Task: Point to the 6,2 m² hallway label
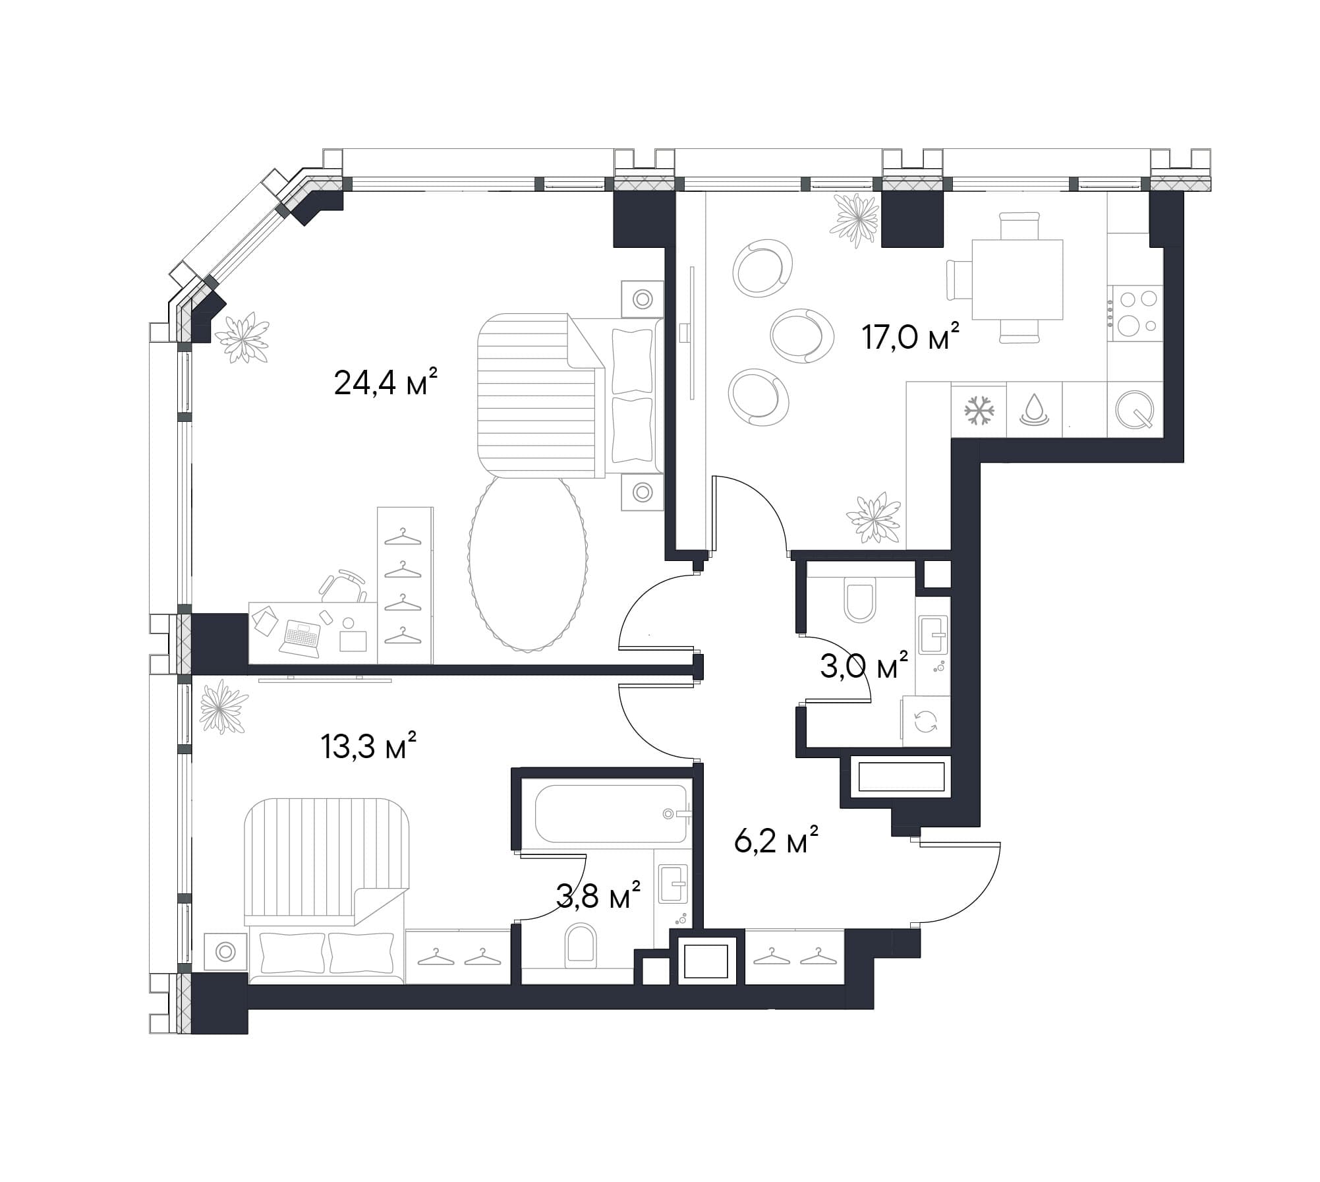point(776,841)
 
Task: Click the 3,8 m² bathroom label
point(598,896)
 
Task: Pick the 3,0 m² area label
point(864,666)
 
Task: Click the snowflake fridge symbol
point(979,411)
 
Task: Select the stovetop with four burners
point(1135,313)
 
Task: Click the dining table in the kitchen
point(1017,280)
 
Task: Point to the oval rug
point(528,564)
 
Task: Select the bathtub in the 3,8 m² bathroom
point(612,813)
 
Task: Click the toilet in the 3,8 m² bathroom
point(581,945)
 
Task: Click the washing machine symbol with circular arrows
point(926,721)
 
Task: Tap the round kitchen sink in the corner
point(1134,409)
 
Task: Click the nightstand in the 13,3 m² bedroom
point(225,952)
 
